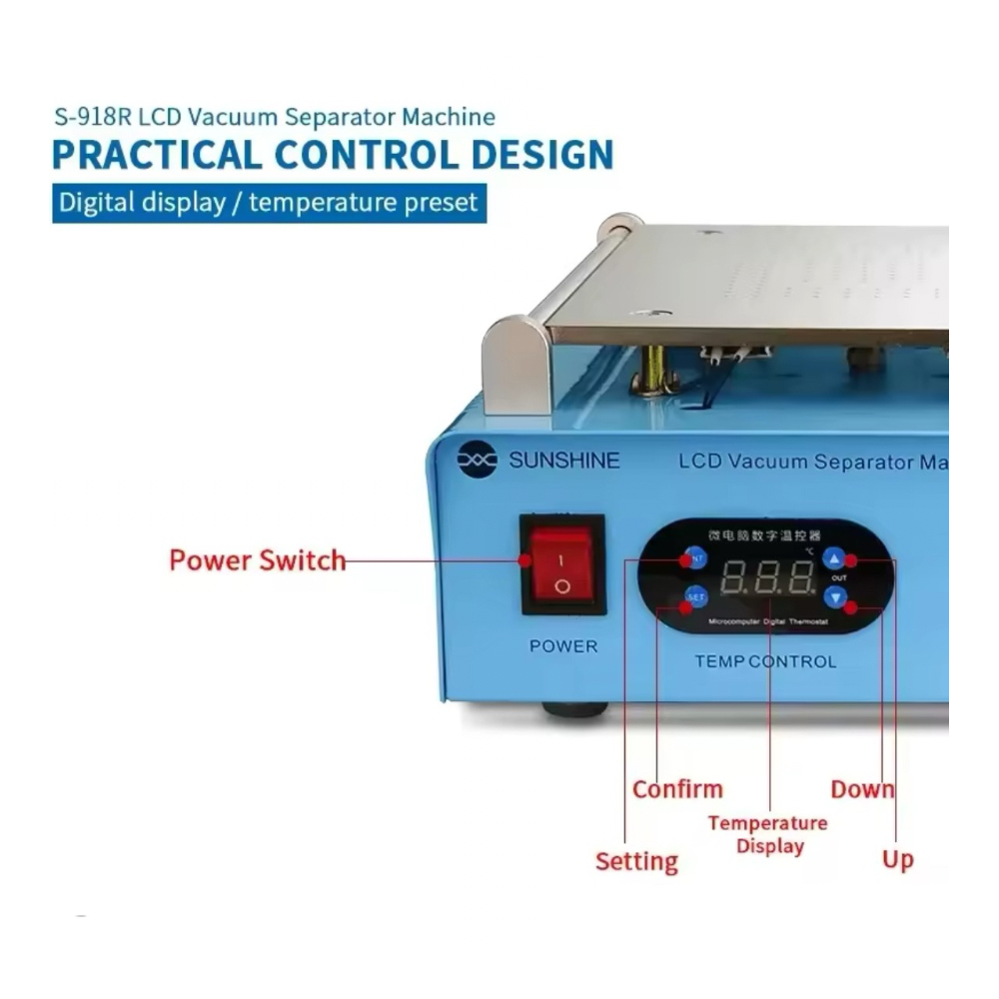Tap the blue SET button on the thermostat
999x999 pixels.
tap(695, 597)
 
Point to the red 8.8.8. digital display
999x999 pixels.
tap(768, 578)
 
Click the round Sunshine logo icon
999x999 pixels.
tap(477, 460)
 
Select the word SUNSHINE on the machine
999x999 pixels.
tap(564, 461)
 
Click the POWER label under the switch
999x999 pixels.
tap(563, 646)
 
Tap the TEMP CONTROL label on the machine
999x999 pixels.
tap(765, 661)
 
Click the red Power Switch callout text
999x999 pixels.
tap(258, 560)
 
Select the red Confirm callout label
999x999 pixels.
tap(677, 789)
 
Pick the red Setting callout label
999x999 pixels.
tap(636, 861)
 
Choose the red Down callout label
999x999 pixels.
tap(862, 789)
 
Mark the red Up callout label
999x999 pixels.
tap(897, 859)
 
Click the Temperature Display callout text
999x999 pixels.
tap(768, 834)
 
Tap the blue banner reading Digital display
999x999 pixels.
tap(268, 203)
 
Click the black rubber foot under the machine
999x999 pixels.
tap(574, 709)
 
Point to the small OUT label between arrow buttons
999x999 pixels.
tap(838, 578)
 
